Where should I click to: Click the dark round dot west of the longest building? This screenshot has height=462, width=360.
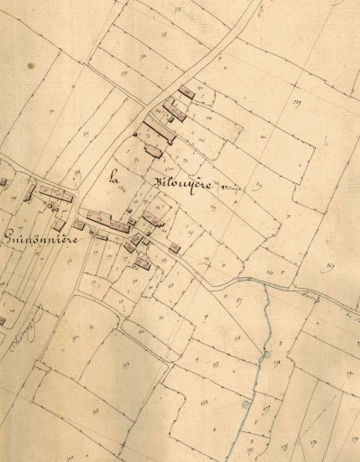[x=135, y=134]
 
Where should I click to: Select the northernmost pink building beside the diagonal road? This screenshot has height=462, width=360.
[x=188, y=92]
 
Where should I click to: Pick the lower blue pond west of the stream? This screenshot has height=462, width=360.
[x=245, y=405]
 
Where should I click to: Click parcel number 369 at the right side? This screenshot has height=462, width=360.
[x=332, y=266]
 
